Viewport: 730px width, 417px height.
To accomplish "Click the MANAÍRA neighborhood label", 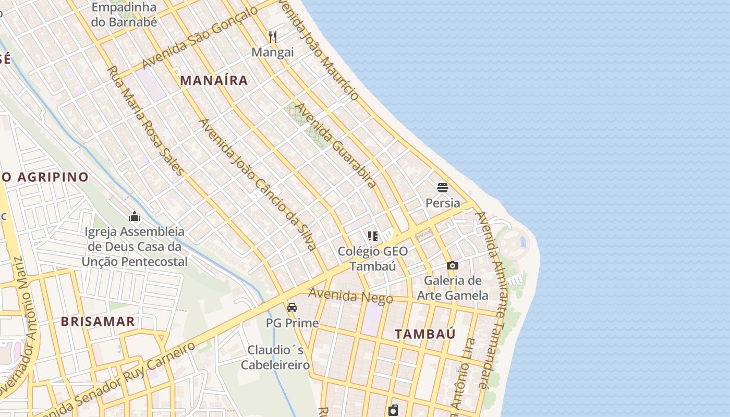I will click(214, 80).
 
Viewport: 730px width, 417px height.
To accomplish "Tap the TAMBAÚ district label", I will click(425, 334).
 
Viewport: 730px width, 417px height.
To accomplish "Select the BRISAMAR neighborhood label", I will click(98, 321).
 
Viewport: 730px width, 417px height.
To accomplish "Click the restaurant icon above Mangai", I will click(273, 36).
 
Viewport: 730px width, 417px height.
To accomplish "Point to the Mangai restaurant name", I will click(273, 52).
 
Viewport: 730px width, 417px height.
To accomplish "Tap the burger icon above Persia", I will click(443, 187).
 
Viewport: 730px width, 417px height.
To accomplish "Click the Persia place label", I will click(443, 203).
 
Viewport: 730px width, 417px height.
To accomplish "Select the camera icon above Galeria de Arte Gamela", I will click(453, 265).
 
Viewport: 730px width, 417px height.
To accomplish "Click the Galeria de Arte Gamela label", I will click(453, 288).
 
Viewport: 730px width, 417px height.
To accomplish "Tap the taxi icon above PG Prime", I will click(292, 307).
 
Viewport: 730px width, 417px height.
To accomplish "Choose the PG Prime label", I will click(292, 323).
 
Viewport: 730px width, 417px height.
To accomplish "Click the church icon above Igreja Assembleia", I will click(135, 216).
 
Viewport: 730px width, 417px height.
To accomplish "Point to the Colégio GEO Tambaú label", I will click(372, 259).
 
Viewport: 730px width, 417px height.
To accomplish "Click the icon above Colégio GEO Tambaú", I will click(372, 236).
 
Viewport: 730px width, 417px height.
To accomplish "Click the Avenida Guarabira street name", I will click(336, 145).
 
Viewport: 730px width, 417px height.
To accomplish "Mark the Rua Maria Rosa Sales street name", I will click(145, 120).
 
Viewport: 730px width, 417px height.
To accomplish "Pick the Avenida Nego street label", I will click(350, 296).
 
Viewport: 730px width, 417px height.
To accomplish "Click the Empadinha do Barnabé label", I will click(124, 15).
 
